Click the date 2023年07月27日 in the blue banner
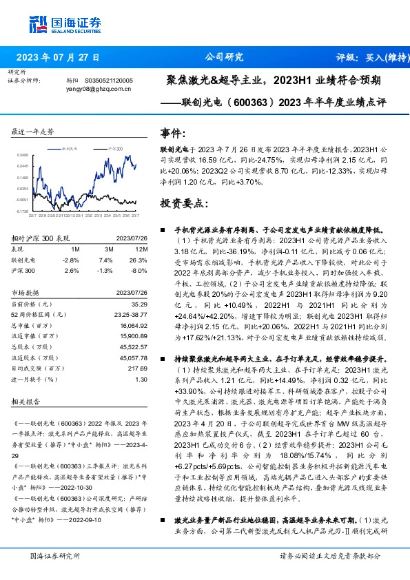point(58,58)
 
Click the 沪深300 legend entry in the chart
point(115,149)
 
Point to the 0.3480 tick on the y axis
point(23,156)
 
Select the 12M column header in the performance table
point(142,249)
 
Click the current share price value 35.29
point(140,304)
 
